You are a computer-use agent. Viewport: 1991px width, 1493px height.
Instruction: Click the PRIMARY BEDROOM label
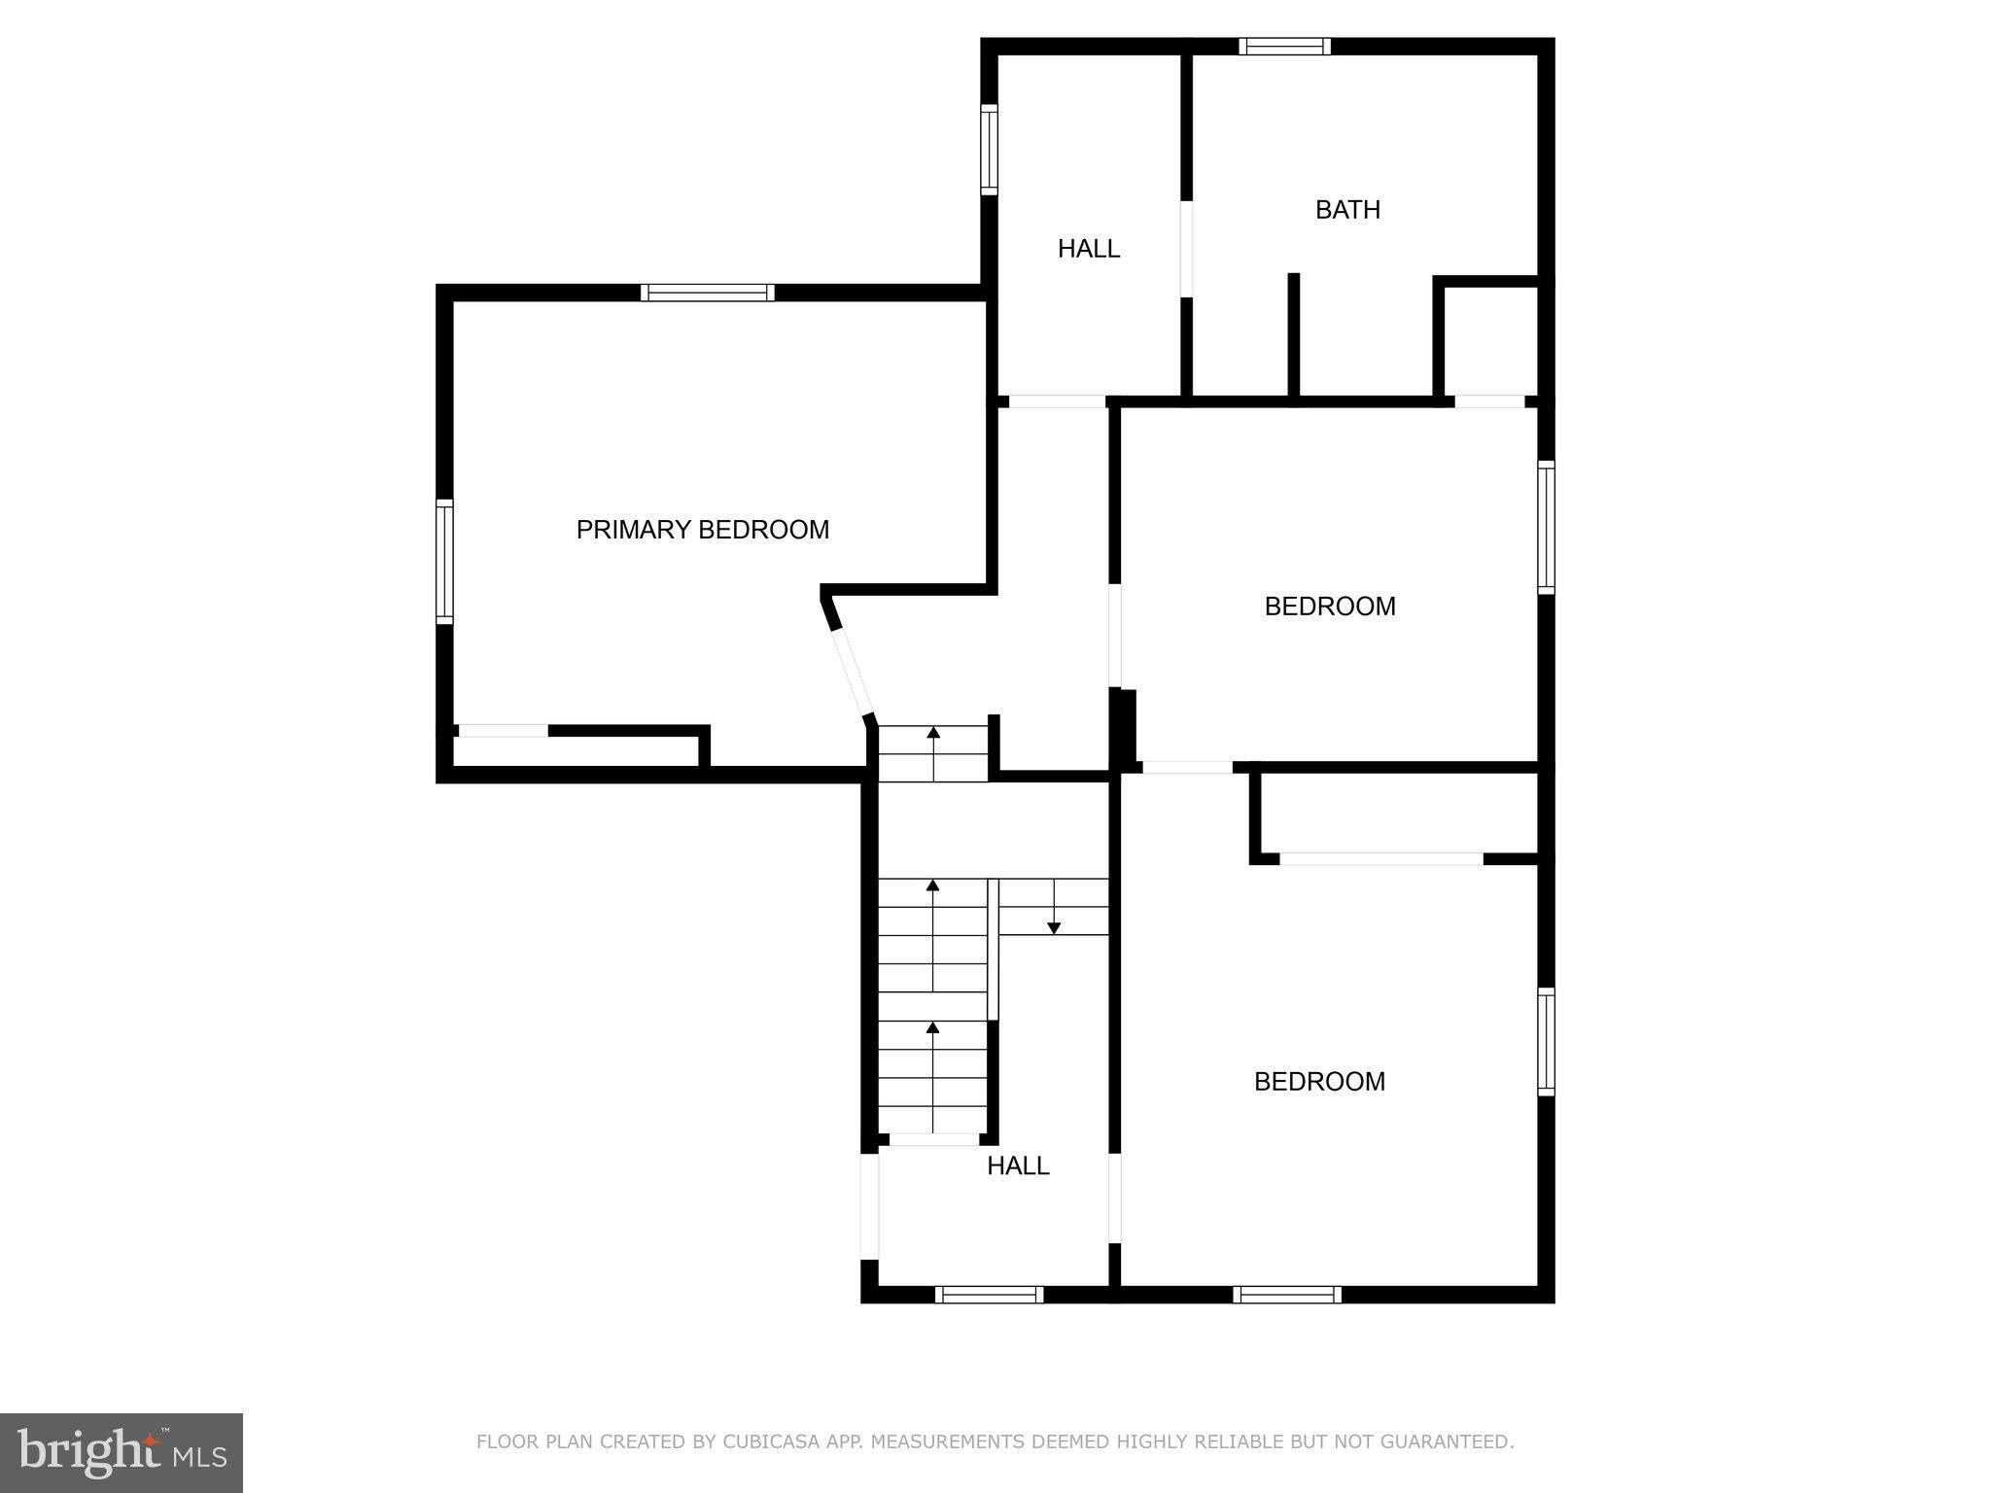point(702,530)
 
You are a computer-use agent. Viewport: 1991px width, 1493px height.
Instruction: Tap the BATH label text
point(1347,210)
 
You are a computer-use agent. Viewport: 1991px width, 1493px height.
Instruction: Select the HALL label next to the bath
point(1088,249)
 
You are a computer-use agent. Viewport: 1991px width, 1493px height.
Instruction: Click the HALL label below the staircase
point(1018,1165)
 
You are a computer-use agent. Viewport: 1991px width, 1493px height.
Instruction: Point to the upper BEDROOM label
point(1329,607)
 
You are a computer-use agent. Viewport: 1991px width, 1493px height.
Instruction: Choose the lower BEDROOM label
point(1319,1082)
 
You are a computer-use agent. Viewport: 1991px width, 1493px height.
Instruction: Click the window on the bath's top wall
point(1284,46)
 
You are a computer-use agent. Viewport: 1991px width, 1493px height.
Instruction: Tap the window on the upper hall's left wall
point(989,150)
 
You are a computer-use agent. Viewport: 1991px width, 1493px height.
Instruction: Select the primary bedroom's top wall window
point(708,293)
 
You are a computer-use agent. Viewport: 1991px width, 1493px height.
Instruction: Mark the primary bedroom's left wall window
point(444,561)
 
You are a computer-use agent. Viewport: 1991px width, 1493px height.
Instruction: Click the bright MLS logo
point(122,1452)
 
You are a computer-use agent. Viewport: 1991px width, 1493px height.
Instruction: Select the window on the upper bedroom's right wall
point(1546,527)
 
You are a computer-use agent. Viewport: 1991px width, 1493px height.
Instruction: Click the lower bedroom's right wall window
point(1546,1041)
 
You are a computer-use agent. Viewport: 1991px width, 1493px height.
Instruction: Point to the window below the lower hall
point(989,1295)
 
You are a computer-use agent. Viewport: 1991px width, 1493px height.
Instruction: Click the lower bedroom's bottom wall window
point(1287,1295)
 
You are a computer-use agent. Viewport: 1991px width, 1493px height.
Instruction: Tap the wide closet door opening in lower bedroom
point(1380,859)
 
